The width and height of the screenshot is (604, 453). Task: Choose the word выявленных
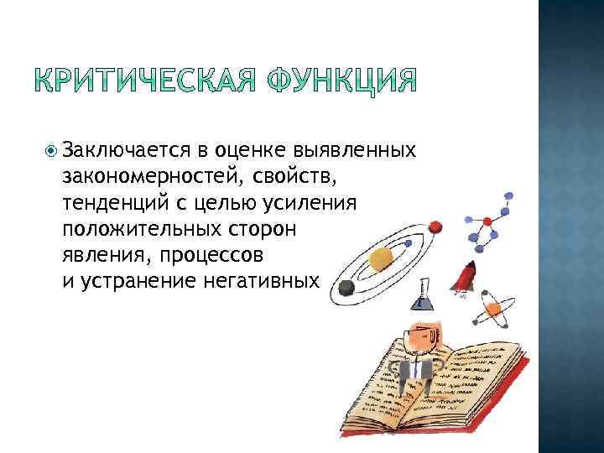point(356,150)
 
